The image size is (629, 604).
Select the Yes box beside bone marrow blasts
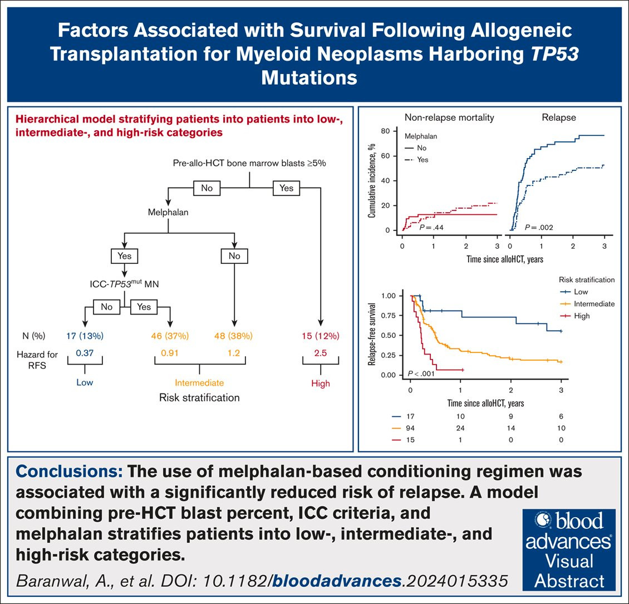click(286, 188)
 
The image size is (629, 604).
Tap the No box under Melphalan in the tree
click(234, 256)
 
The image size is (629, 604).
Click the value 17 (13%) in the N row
click(84, 336)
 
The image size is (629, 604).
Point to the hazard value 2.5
click(320, 352)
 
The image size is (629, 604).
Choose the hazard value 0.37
click(85, 352)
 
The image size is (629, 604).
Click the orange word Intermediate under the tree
click(199, 383)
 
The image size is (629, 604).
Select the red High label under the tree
click(321, 383)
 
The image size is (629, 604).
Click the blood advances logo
click(569, 548)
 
